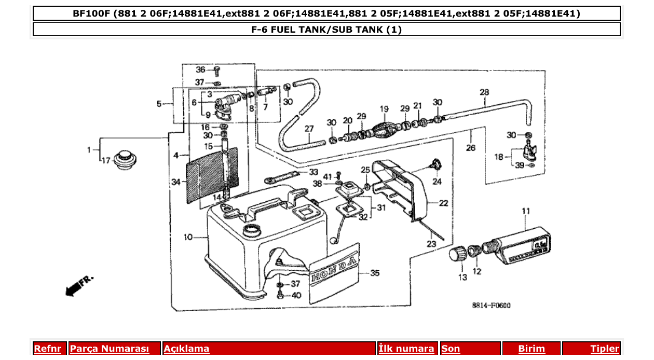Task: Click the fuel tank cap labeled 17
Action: point(125,159)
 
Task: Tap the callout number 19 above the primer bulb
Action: point(384,109)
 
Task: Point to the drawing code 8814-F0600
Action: point(491,306)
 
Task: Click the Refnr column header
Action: point(47,349)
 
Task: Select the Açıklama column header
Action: point(187,349)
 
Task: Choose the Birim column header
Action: point(532,349)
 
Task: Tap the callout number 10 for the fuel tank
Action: point(188,237)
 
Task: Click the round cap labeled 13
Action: point(457,255)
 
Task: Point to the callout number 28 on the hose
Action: point(484,92)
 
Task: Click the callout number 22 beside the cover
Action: point(443,203)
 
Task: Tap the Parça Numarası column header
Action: point(109,349)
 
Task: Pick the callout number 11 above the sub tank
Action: point(526,211)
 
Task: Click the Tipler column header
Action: point(604,349)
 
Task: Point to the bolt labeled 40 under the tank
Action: point(281,295)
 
